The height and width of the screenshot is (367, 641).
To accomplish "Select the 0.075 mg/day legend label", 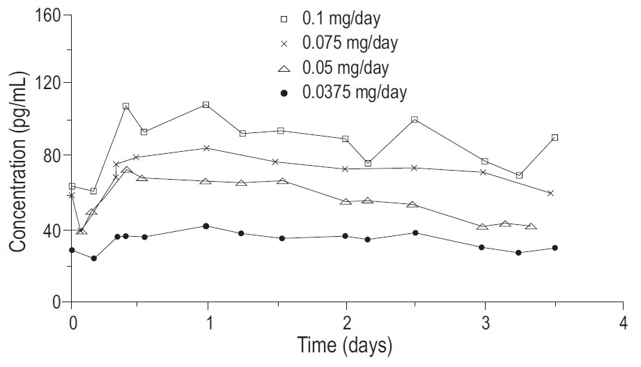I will [350, 42].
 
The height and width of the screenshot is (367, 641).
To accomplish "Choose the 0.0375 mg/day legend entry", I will [355, 92].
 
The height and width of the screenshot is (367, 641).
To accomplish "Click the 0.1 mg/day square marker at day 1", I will [206, 104].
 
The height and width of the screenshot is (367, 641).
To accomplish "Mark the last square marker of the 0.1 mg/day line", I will [555, 138].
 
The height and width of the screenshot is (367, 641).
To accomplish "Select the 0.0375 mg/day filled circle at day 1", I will [206, 226].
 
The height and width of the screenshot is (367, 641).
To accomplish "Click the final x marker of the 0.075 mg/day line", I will [550, 193].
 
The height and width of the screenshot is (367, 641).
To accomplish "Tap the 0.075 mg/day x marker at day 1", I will [207, 148].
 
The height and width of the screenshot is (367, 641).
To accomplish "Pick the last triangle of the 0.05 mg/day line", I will [531, 226].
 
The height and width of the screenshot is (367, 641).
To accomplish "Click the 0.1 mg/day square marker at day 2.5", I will [415, 120].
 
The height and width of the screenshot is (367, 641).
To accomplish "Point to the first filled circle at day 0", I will [72, 250].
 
